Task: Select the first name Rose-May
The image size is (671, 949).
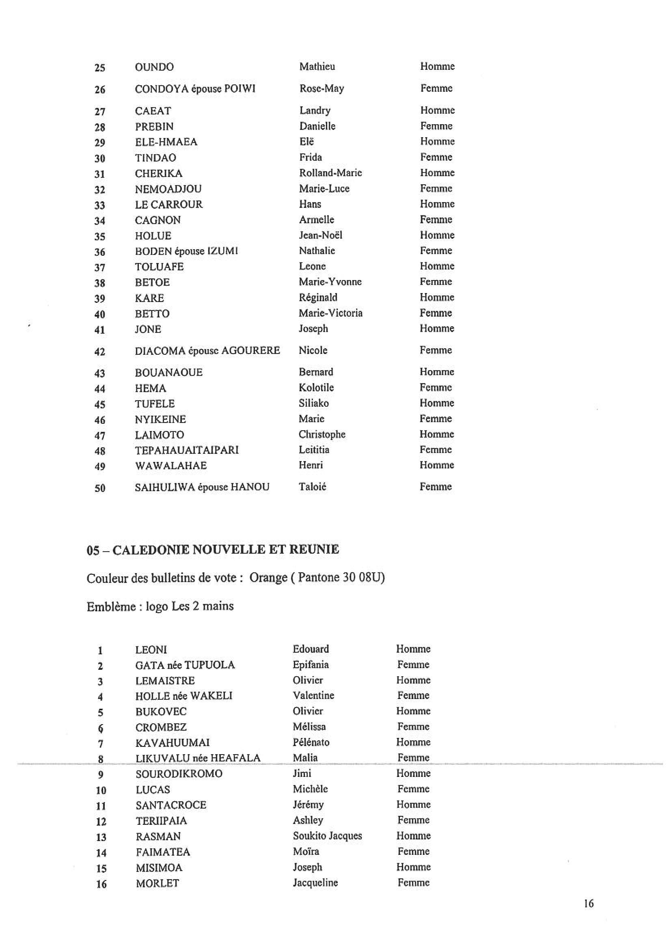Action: pyautogui.click(x=321, y=88)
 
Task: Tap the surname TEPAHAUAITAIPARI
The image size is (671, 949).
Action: pyautogui.click(x=187, y=450)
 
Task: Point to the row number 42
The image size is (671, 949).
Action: pyautogui.click(x=100, y=352)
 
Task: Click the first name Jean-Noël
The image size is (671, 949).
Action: pyautogui.click(x=321, y=235)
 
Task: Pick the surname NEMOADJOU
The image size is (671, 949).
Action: pyautogui.click(x=168, y=189)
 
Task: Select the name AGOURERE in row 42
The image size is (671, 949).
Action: pyautogui.click(x=251, y=351)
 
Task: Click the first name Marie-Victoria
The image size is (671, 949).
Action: pyautogui.click(x=331, y=313)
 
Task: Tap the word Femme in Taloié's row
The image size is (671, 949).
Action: pyautogui.click(x=436, y=487)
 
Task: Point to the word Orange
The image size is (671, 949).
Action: pyautogui.click(x=268, y=577)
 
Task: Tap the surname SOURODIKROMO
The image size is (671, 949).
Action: pyautogui.click(x=179, y=774)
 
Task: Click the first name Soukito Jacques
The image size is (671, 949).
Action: pyautogui.click(x=327, y=836)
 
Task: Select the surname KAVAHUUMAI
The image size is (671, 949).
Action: pyautogui.click(x=172, y=743)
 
